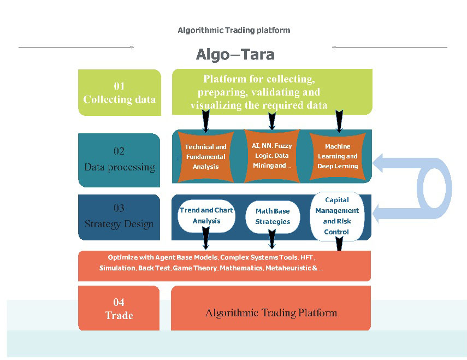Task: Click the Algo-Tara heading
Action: (x=235, y=55)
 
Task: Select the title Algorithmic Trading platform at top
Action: (x=234, y=30)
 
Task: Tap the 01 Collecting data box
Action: (x=119, y=92)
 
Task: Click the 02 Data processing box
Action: (x=119, y=160)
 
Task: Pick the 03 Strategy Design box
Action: (x=119, y=216)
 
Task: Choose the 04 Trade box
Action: (x=119, y=309)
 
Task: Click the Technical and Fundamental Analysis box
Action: (x=205, y=156)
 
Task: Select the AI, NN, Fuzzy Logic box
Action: (x=271, y=156)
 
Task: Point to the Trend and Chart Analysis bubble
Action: (x=206, y=216)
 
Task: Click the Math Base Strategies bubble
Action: (x=273, y=216)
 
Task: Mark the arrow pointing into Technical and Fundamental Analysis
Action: (x=205, y=121)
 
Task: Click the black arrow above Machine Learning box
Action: (x=339, y=121)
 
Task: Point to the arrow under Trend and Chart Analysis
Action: (x=206, y=239)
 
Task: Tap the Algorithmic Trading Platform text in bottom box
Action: (x=271, y=313)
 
